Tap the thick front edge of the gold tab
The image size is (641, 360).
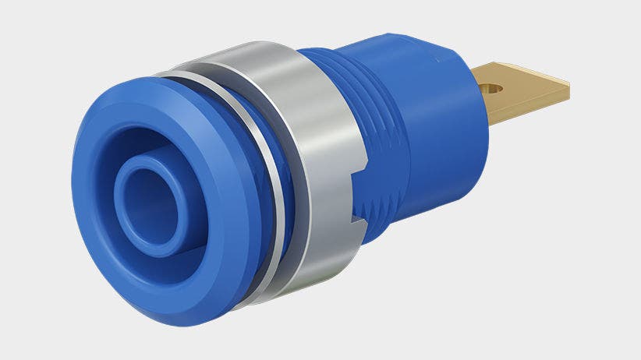(x=530, y=109)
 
